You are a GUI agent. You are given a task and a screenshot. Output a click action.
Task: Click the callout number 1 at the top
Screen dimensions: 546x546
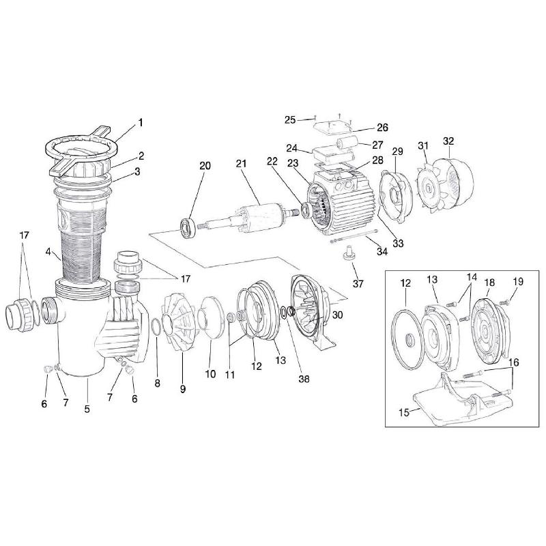point(141,123)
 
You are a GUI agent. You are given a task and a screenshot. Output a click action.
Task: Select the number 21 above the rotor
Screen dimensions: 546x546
point(241,165)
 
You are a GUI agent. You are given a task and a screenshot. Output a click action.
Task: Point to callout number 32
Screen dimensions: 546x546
point(448,141)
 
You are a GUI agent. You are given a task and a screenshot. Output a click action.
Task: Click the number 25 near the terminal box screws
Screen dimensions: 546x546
point(290,120)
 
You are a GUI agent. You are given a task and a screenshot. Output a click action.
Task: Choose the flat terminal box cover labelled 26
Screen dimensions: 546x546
point(332,128)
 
